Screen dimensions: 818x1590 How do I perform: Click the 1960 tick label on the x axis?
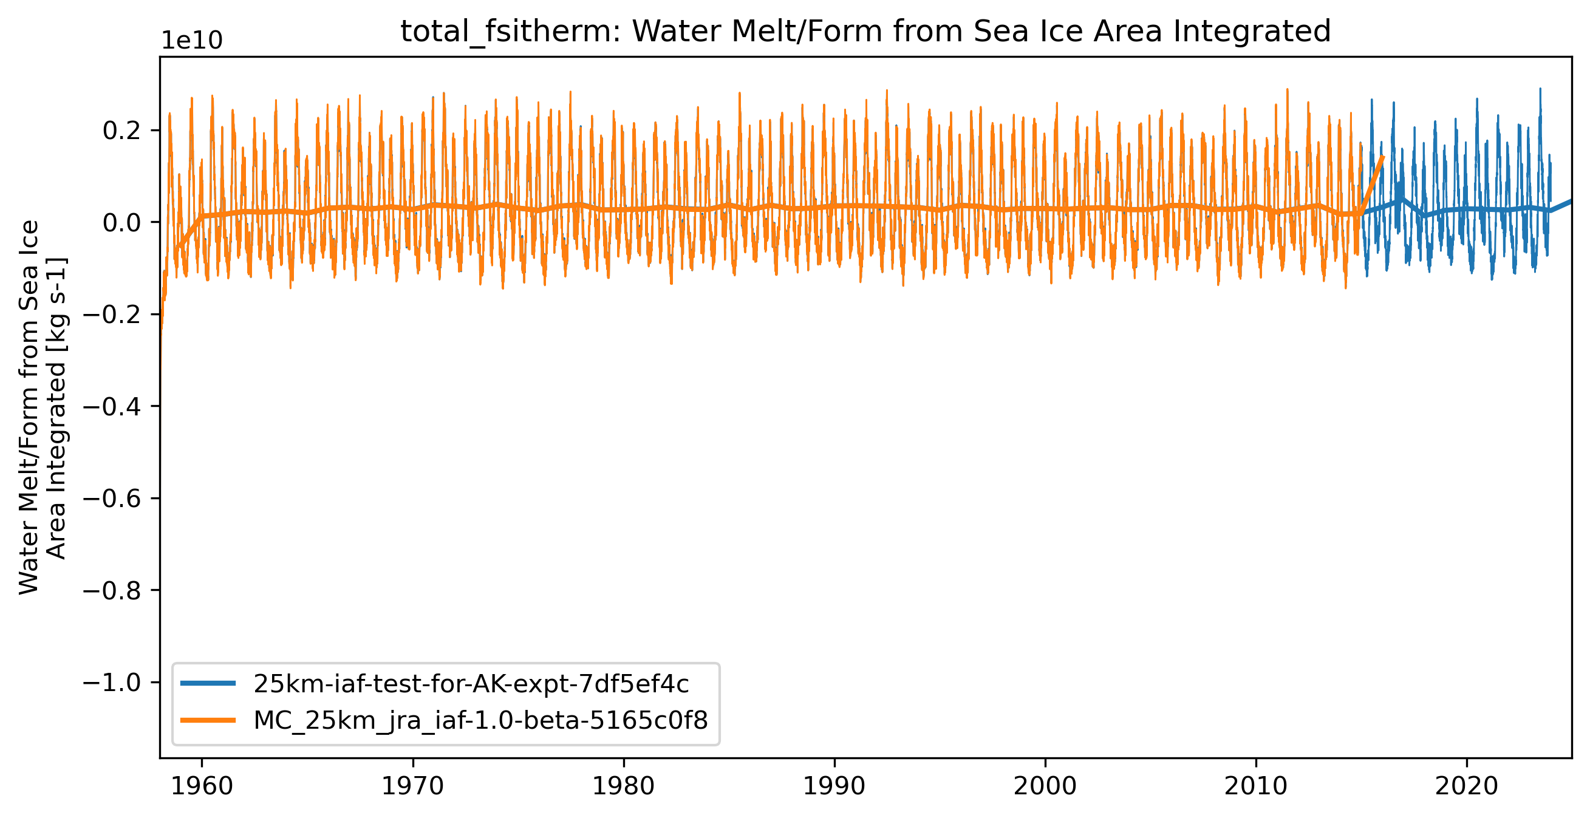coord(201,786)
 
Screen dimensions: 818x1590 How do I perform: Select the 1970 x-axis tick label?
coord(412,786)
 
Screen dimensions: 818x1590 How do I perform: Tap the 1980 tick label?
coord(623,786)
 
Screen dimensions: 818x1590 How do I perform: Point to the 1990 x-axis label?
coord(834,786)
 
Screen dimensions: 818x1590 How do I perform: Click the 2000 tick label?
coord(1045,786)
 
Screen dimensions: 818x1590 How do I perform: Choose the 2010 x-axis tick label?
coord(1256,786)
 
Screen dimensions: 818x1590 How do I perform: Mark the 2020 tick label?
coord(1467,786)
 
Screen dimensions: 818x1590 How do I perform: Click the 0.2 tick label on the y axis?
coord(123,131)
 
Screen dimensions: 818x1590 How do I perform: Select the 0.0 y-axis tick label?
coord(123,222)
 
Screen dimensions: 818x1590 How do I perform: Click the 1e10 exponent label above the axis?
coord(192,41)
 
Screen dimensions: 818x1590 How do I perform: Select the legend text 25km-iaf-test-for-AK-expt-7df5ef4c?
coord(471,683)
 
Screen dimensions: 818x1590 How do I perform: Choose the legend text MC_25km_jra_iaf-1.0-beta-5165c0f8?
coord(480,720)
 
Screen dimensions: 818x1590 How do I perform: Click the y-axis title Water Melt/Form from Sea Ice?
coord(29,407)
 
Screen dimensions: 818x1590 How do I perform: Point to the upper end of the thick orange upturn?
coord(1384,157)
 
